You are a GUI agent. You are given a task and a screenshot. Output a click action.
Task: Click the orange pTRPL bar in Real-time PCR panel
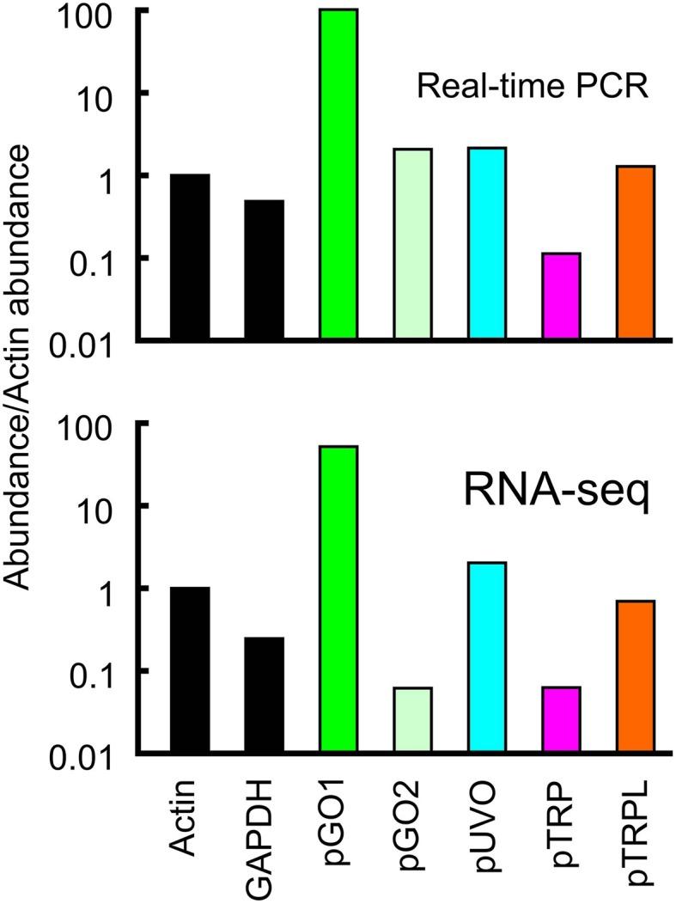636,253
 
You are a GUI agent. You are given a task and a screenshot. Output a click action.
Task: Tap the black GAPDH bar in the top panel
264,271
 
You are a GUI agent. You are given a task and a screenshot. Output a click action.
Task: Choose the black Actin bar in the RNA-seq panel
190,670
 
